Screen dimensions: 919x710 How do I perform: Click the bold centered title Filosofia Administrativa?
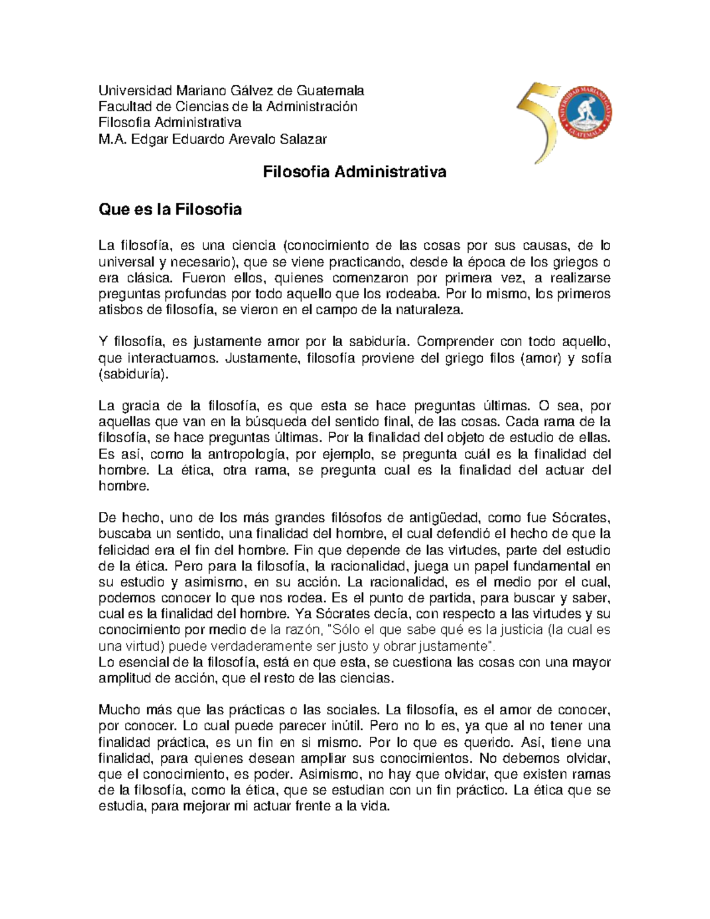[354, 172]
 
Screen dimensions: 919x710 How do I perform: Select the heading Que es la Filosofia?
[170, 209]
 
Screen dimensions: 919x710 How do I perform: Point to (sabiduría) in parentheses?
[133, 375]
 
